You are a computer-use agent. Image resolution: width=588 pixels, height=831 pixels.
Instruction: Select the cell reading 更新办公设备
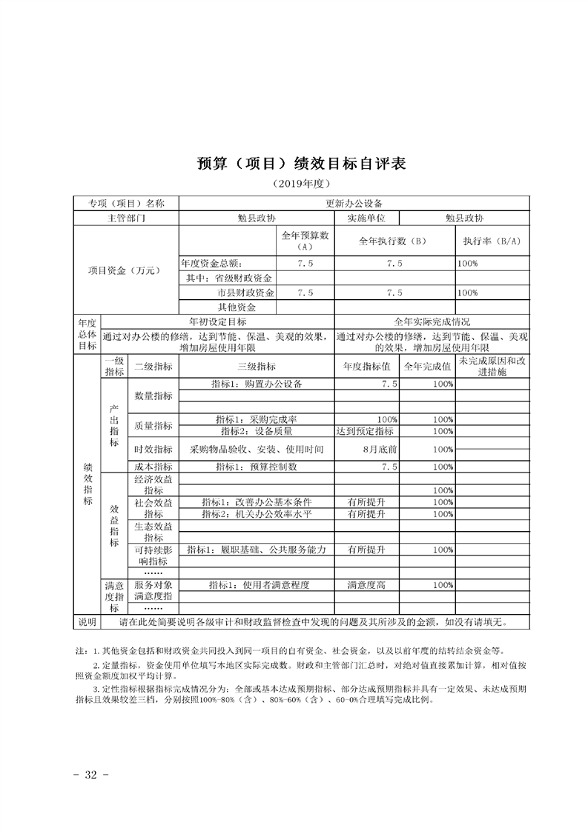coord(354,203)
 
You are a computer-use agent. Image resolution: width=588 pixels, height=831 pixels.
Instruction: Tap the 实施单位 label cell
coord(366,218)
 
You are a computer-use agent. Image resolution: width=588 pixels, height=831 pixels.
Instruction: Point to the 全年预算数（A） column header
coord(305,241)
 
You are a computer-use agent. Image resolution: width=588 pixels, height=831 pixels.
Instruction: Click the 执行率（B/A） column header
coord(492,241)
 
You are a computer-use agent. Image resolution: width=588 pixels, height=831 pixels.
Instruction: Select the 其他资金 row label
coord(237,307)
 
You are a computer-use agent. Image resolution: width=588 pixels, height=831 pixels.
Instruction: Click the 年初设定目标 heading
coord(217,322)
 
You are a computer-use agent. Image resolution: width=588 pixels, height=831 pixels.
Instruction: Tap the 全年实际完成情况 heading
coord(432,322)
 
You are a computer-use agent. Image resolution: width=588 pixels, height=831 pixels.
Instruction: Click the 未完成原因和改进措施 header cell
coord(492,366)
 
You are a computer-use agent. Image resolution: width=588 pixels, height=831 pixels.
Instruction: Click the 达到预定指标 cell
coord(365,431)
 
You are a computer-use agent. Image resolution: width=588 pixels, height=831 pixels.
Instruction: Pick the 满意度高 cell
coord(366,584)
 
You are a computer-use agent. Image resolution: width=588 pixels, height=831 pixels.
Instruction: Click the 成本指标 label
coord(153,467)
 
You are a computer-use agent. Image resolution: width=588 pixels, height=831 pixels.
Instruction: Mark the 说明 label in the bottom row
coord(87,621)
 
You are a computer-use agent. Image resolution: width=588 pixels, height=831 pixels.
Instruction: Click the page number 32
coord(91,775)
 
